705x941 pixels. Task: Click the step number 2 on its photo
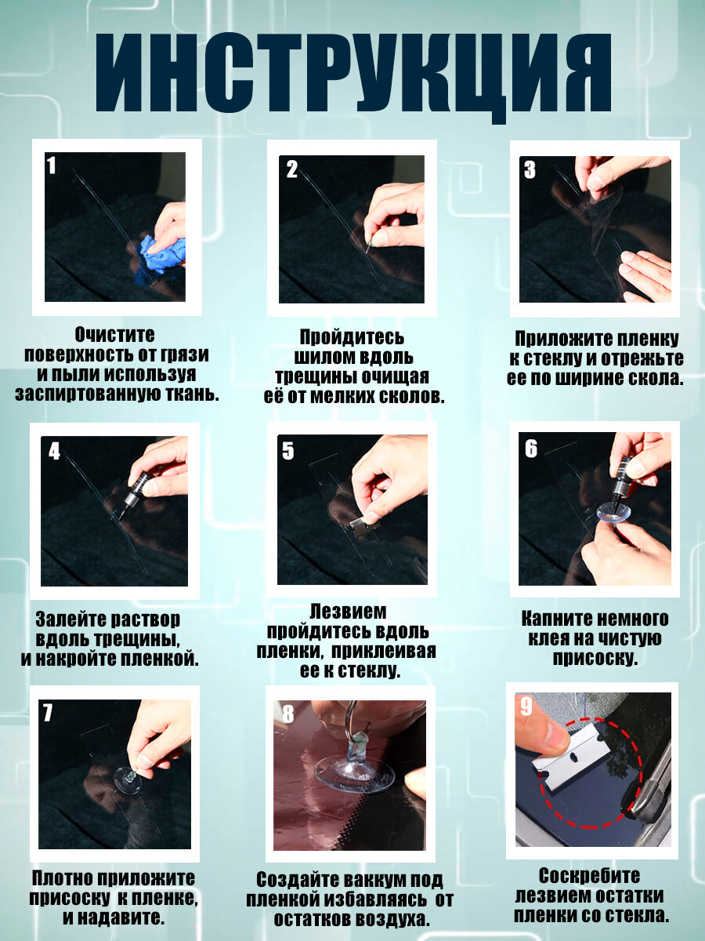coord(292,169)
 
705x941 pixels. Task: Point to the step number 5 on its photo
coord(288,451)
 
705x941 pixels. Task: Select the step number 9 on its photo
coord(527,706)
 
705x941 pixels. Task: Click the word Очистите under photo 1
coord(114,335)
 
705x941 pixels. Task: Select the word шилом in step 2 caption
coord(325,357)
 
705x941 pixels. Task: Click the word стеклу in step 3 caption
coord(555,358)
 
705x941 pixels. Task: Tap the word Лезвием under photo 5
coord(348,612)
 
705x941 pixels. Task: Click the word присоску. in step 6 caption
coord(595,658)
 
